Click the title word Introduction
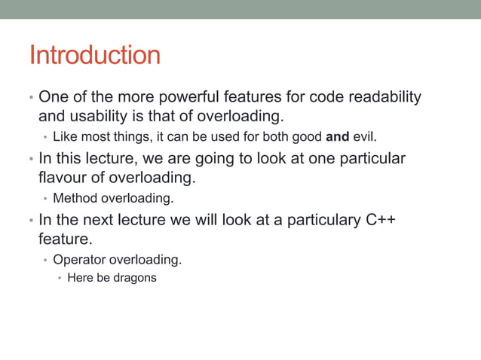click(x=94, y=56)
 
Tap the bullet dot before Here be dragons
click(x=60, y=278)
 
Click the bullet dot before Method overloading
click(x=45, y=200)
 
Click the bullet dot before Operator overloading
click(x=45, y=261)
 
